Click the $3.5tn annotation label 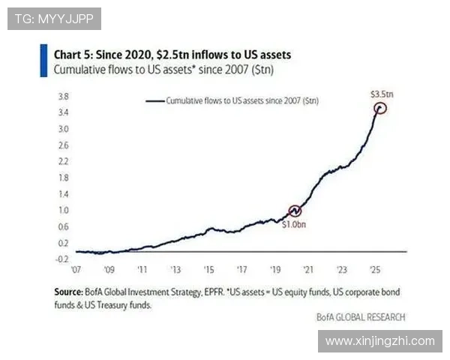click(x=381, y=94)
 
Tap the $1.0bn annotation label click(x=294, y=224)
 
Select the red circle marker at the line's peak click(x=380, y=108)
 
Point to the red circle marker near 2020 click(x=295, y=211)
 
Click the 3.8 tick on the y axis click(x=64, y=97)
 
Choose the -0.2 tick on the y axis click(x=63, y=259)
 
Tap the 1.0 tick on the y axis click(x=64, y=211)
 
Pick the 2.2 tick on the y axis click(x=64, y=162)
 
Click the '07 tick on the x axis click(x=76, y=269)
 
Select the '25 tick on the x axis click(x=375, y=269)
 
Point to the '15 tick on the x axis click(x=208, y=269)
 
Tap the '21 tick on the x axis click(x=308, y=269)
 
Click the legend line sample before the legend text click(x=154, y=100)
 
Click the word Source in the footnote click(x=67, y=290)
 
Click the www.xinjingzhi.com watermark click(x=380, y=341)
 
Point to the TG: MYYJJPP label click(x=54, y=18)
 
